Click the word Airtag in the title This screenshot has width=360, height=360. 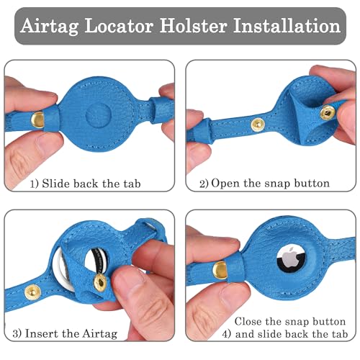pos(53,27)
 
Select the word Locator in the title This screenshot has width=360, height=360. pos(127,27)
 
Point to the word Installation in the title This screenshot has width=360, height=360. pos(292,27)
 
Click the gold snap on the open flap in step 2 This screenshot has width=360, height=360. pos(328,112)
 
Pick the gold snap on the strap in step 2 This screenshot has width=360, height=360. pos(257,125)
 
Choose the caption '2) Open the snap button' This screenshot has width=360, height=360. pos(264,184)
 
